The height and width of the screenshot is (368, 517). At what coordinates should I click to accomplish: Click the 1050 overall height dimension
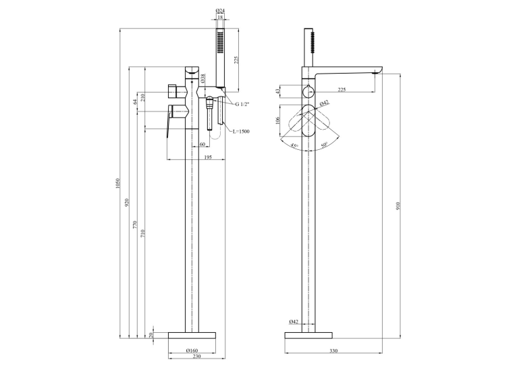[117, 184]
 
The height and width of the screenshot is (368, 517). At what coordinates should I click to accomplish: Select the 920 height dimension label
[128, 203]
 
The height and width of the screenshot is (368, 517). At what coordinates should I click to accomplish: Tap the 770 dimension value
[135, 226]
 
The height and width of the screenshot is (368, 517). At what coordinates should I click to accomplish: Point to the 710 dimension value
[142, 234]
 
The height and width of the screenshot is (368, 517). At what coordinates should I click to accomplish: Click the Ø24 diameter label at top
[220, 11]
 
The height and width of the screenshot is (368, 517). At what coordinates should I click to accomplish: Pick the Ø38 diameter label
[203, 78]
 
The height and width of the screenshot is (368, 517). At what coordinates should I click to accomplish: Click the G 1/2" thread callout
[242, 104]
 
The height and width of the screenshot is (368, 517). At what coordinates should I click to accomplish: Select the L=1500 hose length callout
[241, 131]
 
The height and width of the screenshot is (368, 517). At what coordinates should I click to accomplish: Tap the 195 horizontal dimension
[208, 157]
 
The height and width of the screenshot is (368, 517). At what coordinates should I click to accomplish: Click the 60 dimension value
[202, 144]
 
